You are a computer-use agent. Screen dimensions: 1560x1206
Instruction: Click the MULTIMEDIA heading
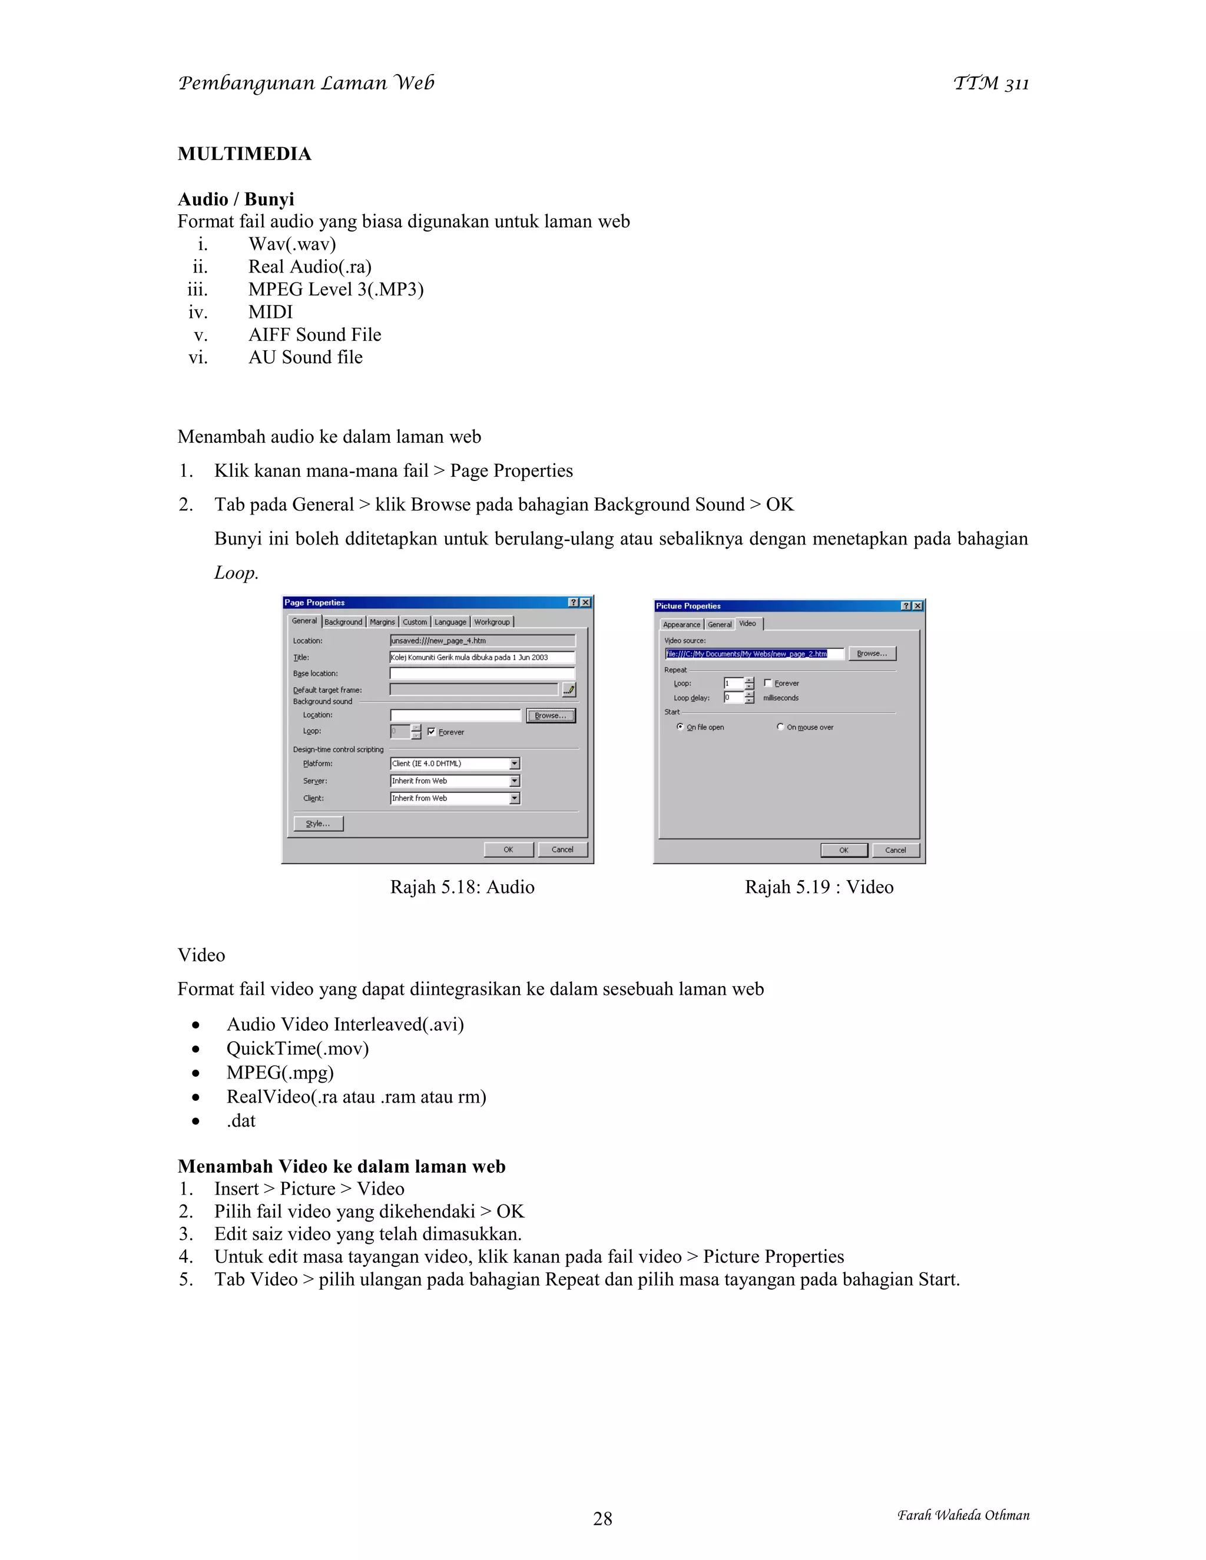244,154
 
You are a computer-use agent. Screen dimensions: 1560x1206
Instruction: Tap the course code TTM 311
991,84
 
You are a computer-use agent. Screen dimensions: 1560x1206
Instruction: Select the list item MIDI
270,312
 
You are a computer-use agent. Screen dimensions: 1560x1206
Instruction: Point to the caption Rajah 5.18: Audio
462,887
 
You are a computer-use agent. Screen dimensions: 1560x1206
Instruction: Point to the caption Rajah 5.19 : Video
819,887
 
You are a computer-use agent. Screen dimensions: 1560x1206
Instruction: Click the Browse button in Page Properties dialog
550,716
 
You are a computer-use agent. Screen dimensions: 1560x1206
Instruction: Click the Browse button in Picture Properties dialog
872,653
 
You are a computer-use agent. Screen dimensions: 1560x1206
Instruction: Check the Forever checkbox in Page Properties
432,731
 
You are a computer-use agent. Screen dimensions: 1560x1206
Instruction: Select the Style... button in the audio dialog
318,824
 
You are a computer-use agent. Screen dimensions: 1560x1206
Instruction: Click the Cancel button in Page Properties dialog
562,849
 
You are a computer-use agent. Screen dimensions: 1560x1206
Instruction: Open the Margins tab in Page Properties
382,622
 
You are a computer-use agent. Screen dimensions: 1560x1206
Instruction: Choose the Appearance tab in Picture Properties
681,624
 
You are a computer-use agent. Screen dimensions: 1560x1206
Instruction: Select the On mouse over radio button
780,727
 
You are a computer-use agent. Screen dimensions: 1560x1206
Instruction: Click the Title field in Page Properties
482,657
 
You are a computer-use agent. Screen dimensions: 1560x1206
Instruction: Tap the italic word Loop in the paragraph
235,573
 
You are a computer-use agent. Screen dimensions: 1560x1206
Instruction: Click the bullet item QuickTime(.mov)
297,1048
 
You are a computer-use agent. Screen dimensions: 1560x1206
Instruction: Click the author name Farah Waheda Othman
963,1515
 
